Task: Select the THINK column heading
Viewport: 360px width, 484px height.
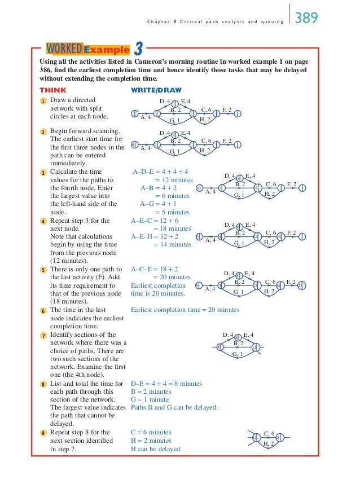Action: click(52, 90)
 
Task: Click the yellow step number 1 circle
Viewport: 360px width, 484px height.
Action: click(42, 100)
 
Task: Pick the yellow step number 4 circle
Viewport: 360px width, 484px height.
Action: click(42, 221)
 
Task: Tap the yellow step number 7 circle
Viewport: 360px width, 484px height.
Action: click(42, 335)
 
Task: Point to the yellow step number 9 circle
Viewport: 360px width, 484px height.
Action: click(42, 433)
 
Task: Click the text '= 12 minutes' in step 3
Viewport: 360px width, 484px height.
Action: click(174, 179)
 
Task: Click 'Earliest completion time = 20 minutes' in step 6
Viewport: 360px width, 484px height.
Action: click(185, 310)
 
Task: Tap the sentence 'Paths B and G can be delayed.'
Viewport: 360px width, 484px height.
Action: click(174, 407)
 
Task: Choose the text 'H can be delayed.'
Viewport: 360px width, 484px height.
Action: click(156, 449)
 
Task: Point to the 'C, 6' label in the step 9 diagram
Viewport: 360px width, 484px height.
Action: click(269, 433)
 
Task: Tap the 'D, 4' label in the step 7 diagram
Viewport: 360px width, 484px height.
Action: click(228, 335)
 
